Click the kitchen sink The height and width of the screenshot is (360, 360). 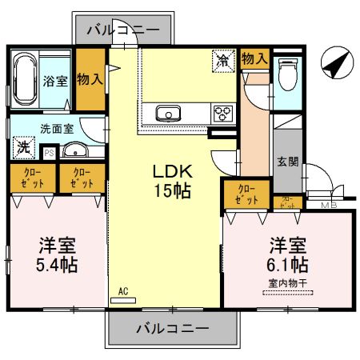(x=170, y=113)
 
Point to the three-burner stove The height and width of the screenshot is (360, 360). (x=222, y=113)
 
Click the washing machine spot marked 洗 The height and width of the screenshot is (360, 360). (x=24, y=147)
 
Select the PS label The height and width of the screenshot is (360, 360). (x=50, y=151)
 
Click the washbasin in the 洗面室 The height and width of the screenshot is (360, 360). (x=74, y=150)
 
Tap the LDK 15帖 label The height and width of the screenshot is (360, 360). (x=172, y=180)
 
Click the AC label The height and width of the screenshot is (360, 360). (x=122, y=292)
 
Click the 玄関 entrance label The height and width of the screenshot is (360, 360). (x=289, y=161)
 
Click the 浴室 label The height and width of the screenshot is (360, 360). (x=55, y=80)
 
